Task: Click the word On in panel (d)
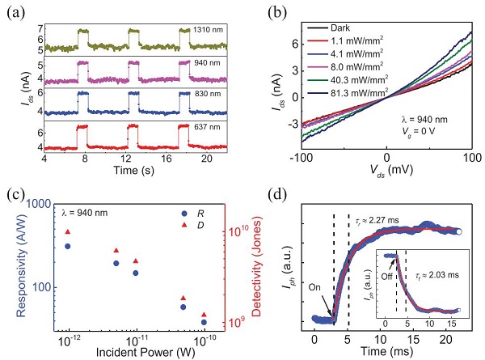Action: (295, 286)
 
